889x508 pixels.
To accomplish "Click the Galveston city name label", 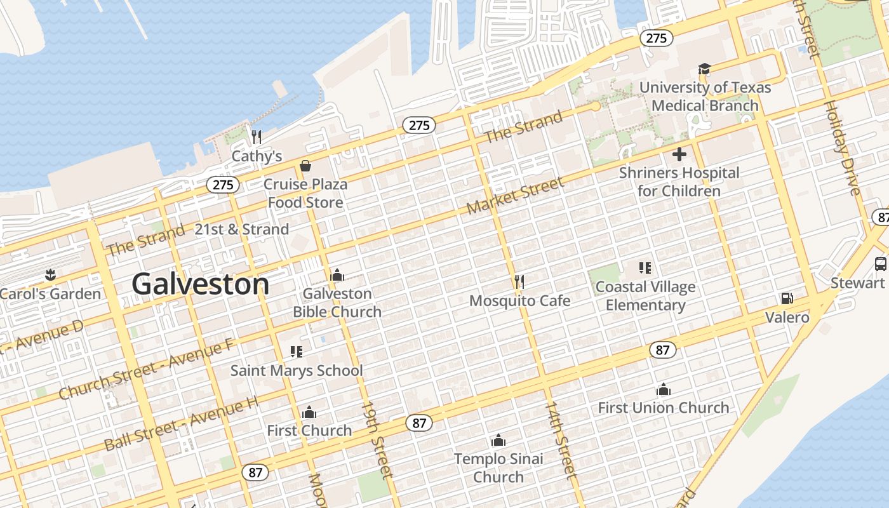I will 200,284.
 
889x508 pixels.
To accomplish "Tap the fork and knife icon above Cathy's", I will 257,137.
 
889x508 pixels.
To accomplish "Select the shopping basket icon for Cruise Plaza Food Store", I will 305,166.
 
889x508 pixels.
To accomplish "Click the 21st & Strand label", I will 241,229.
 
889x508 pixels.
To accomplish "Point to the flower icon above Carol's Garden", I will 50,275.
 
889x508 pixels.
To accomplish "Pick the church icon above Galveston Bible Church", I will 337,275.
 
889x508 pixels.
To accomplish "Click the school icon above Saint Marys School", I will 297,351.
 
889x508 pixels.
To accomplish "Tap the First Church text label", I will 309,431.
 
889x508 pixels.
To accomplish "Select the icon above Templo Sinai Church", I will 498,440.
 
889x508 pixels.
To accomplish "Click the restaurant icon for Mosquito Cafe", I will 519,281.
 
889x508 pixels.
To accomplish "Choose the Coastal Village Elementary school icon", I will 645,268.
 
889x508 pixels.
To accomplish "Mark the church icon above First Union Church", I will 664,389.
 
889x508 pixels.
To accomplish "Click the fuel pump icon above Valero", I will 787,298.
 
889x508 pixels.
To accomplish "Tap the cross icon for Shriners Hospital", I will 679,154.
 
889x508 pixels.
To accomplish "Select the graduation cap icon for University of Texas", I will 704,69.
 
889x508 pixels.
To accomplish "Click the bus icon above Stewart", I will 880,264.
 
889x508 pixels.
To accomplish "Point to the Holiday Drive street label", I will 842,147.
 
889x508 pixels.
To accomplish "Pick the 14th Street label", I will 561,439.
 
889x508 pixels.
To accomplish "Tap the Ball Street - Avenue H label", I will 182,423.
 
